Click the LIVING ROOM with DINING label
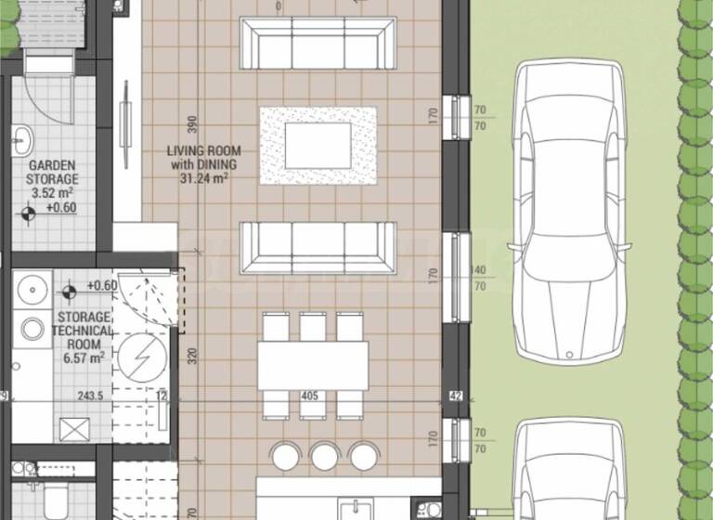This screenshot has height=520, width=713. tap(203, 158)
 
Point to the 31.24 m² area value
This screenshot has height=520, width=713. tap(203, 179)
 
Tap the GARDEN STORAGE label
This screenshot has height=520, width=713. tap(53, 172)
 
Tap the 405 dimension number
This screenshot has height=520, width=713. tap(311, 396)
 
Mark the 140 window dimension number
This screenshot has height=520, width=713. tap(480, 270)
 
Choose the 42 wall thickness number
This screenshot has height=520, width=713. tap(455, 396)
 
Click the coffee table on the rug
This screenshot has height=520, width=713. tap(318, 145)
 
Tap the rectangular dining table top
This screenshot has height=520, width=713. tap(312, 365)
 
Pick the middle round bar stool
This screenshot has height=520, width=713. tap(323, 454)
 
